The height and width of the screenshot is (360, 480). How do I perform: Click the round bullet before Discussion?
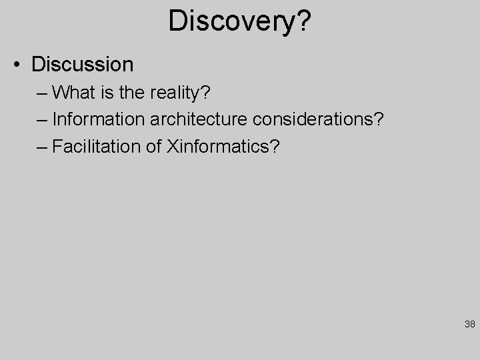(19, 65)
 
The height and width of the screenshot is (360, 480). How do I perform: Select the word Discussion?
(82, 65)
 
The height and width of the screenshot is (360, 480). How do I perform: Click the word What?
(74, 92)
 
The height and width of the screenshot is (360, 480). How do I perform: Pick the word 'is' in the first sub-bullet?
(108, 92)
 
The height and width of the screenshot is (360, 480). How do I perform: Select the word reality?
(178, 93)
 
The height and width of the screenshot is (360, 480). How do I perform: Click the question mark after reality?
(206, 92)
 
